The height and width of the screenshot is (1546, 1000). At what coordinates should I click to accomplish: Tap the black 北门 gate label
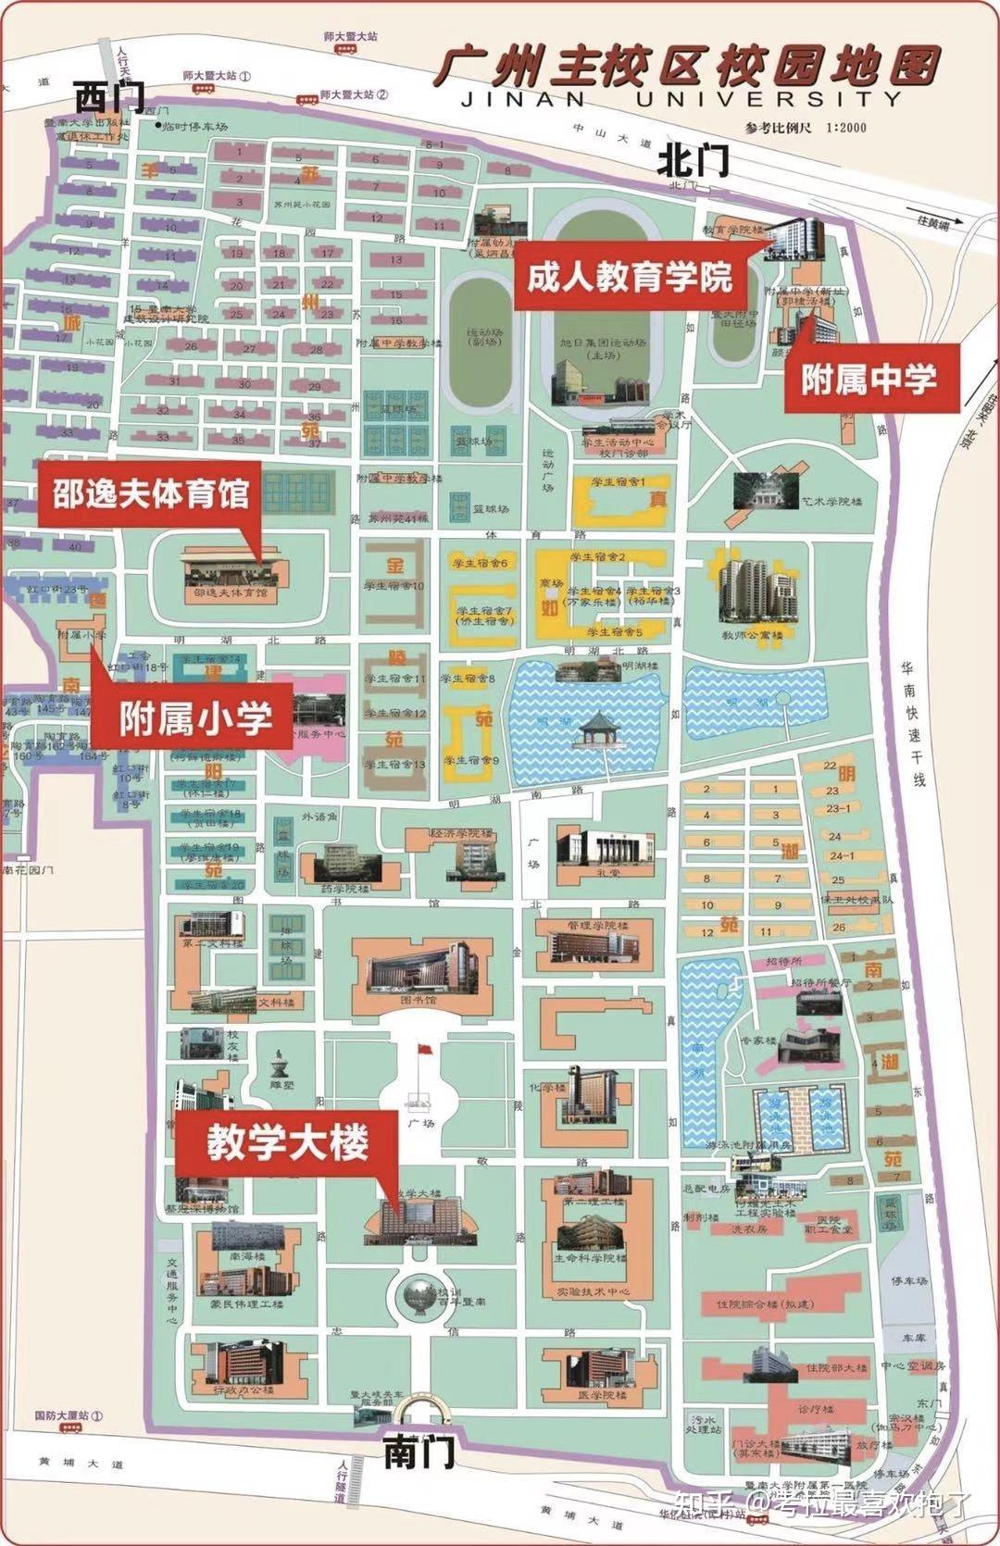click(694, 163)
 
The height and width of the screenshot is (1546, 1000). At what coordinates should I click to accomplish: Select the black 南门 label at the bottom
click(419, 1451)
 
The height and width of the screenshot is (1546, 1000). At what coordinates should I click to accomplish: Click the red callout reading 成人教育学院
click(630, 275)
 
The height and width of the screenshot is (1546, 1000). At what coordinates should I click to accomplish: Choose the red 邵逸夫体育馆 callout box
click(151, 494)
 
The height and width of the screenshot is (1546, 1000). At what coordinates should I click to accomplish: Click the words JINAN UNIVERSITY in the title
click(681, 98)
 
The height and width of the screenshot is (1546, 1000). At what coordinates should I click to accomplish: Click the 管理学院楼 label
click(598, 926)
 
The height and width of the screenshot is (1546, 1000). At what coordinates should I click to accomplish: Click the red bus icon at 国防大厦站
click(69, 1428)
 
